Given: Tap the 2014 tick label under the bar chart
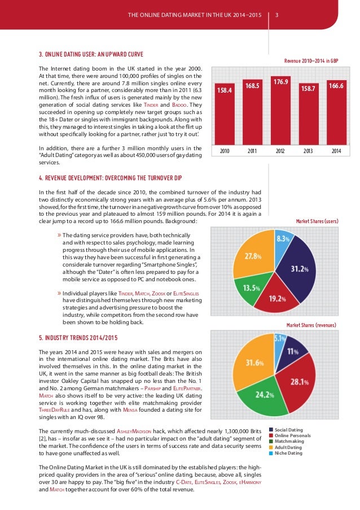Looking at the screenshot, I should (336, 151).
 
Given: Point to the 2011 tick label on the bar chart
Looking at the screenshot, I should (252, 151).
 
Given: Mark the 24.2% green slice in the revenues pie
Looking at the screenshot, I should (261, 404).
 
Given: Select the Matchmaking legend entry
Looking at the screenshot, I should (289, 441).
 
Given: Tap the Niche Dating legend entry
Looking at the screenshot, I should (287, 453).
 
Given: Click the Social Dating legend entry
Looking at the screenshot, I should (289, 430).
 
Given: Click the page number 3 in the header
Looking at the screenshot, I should (276, 15).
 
